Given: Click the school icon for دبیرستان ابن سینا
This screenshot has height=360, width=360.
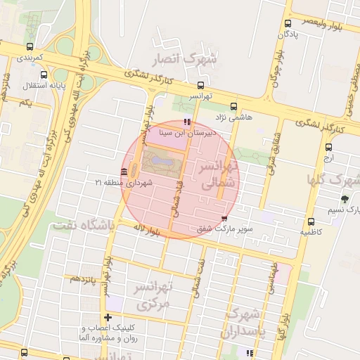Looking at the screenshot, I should pyautogui.click(x=186, y=122).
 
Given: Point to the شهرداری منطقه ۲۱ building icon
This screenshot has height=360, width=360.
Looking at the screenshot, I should pyautogui.click(x=124, y=172).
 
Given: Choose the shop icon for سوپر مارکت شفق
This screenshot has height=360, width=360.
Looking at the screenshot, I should pyautogui.click(x=224, y=219).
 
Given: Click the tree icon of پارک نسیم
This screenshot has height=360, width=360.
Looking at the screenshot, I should pyautogui.click(x=345, y=200).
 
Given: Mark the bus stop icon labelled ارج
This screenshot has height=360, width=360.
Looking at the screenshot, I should pyautogui.click(x=328, y=146).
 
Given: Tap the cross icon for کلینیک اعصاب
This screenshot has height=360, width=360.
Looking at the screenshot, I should pyautogui.click(x=108, y=317).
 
